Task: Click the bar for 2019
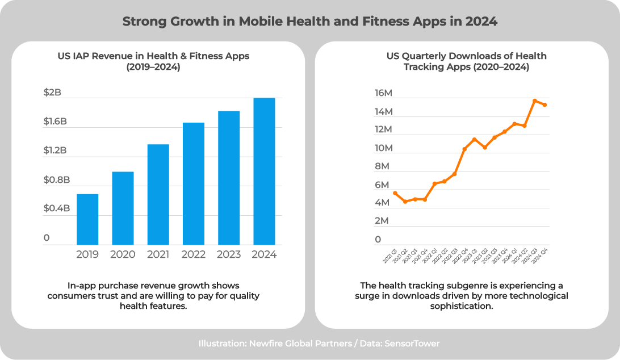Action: click(x=87, y=219)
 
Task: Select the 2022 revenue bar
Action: click(x=194, y=183)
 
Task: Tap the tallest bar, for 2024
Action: click(x=264, y=171)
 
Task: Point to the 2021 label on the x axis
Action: click(x=158, y=254)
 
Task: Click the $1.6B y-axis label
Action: click(x=55, y=122)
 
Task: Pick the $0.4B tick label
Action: click(x=56, y=208)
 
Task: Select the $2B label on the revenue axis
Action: click(x=52, y=93)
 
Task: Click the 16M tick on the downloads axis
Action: click(x=383, y=93)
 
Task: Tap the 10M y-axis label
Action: click(x=383, y=148)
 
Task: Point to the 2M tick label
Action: click(x=382, y=221)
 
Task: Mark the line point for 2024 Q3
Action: click(x=535, y=101)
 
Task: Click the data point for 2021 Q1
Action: click(x=395, y=193)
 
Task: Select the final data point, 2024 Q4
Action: click(x=545, y=104)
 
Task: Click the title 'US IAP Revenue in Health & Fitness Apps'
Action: click(x=153, y=56)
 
